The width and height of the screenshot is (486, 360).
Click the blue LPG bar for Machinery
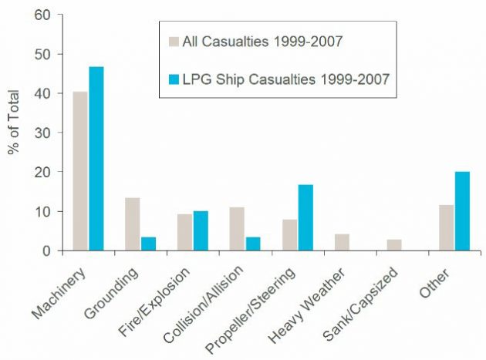tap(96, 159)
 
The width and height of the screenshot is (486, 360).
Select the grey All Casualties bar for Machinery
tap(80, 171)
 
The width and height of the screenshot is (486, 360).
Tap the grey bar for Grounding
tap(133, 224)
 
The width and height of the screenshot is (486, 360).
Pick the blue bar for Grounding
tap(148, 244)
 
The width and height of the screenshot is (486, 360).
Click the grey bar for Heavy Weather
tap(343, 242)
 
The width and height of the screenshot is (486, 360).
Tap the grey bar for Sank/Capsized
tap(395, 245)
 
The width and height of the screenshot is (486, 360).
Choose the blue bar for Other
tap(461, 211)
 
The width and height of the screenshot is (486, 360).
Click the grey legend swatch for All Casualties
tap(173, 39)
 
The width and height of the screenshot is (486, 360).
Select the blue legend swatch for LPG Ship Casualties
tap(173, 78)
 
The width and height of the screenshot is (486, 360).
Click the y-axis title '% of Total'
tap(14, 124)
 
